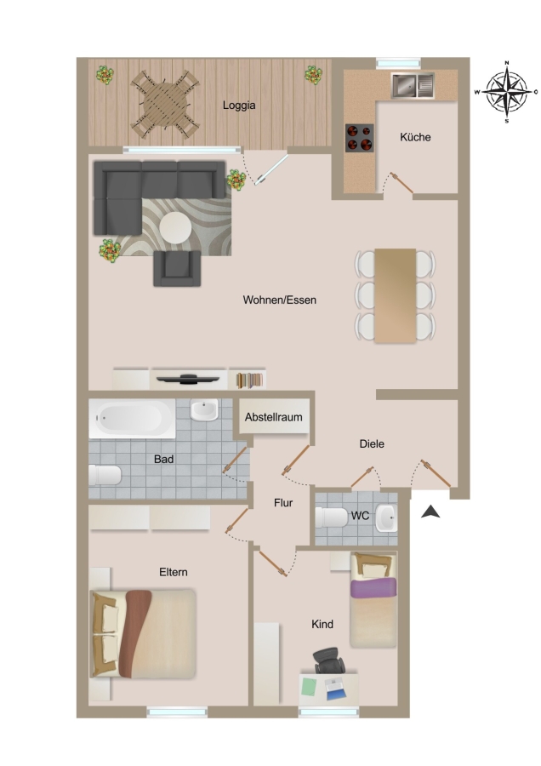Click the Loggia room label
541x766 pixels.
click(239, 106)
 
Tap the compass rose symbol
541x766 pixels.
click(506, 91)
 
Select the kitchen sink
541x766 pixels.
click(412, 85)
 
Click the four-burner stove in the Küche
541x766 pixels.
click(359, 138)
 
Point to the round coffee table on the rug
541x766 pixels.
click(175, 227)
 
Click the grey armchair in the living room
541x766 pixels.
click(177, 268)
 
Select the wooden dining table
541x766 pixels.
click(395, 295)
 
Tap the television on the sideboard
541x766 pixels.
click(186, 379)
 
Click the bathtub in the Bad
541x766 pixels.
click(133, 419)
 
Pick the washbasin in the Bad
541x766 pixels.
click(204, 410)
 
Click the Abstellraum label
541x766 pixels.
click(273, 417)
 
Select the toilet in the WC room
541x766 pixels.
click(332, 517)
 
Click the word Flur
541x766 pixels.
click(283, 503)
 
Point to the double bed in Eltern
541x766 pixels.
click(143, 634)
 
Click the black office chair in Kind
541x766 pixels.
click(328, 660)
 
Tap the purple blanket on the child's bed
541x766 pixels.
click(373, 587)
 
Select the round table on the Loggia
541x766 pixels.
click(166, 105)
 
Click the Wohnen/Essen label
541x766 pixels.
click(279, 300)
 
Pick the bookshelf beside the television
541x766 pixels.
click(248, 380)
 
